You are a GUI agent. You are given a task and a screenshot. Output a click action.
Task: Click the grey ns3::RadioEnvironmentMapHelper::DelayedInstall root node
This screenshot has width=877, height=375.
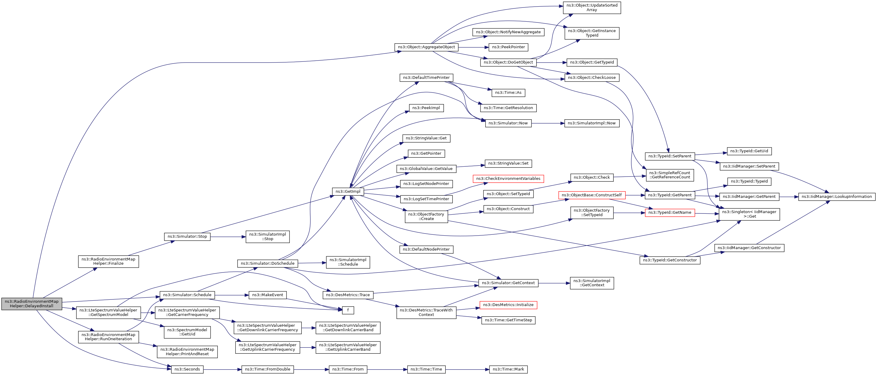[x=32, y=304]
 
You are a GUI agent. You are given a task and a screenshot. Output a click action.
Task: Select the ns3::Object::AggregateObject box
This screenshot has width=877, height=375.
[x=426, y=47]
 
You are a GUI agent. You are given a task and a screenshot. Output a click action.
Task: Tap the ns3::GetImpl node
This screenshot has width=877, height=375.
[x=348, y=192]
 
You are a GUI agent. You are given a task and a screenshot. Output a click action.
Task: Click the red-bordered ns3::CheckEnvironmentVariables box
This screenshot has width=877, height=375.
[x=508, y=179]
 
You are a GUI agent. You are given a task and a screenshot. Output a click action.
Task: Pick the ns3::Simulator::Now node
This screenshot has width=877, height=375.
[x=508, y=123]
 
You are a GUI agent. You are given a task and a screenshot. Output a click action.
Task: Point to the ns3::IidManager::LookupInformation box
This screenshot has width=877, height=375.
[x=837, y=197]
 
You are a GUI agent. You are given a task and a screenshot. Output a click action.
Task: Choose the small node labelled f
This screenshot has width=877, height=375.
[x=348, y=310]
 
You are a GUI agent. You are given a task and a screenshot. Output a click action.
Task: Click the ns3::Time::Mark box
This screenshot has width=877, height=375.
[x=508, y=369]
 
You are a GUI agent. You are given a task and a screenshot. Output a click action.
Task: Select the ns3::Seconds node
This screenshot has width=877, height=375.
[x=187, y=369]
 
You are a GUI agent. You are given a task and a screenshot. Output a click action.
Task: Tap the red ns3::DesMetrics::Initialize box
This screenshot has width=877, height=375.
[x=508, y=305]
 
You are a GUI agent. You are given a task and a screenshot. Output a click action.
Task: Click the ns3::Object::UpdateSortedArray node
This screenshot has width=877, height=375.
[x=592, y=7]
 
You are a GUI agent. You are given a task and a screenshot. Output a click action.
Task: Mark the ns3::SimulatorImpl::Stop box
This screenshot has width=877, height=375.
[x=268, y=237]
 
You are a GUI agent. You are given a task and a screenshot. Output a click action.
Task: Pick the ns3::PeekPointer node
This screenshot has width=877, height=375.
[x=508, y=47]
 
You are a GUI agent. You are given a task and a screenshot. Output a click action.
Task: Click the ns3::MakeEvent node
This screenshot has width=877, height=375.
[x=268, y=295]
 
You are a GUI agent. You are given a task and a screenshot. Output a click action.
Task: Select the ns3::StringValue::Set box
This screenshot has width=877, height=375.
[x=508, y=163]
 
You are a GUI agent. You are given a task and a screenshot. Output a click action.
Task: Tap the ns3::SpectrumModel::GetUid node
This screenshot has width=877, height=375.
[x=187, y=332]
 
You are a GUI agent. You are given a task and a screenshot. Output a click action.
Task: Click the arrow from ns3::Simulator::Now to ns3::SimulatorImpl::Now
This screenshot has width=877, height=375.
[x=548, y=123]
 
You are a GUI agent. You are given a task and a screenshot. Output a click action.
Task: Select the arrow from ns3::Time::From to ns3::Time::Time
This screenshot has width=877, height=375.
[x=387, y=369]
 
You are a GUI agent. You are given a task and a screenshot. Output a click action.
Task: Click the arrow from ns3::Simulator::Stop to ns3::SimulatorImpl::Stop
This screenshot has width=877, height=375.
[x=228, y=237]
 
